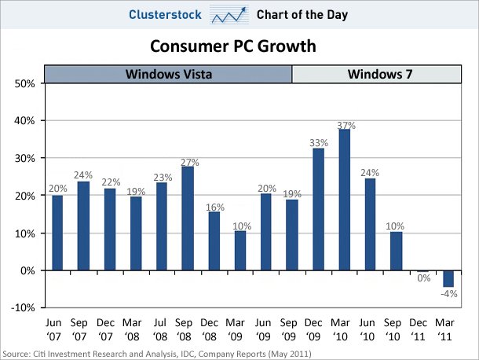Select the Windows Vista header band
tap(168, 75)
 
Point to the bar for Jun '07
tap(57, 233)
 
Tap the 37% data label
tap(346, 124)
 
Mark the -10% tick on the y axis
tap(20, 307)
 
